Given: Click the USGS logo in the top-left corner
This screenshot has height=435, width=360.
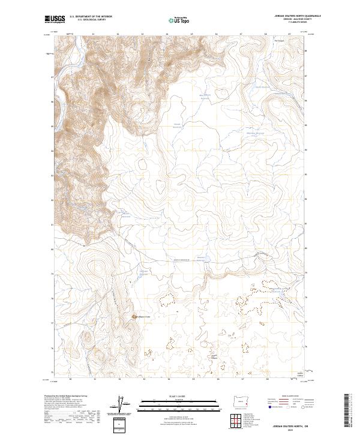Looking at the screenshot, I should [x=55, y=20].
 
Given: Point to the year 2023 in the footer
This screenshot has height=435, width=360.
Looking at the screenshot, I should [x=287, y=428].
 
